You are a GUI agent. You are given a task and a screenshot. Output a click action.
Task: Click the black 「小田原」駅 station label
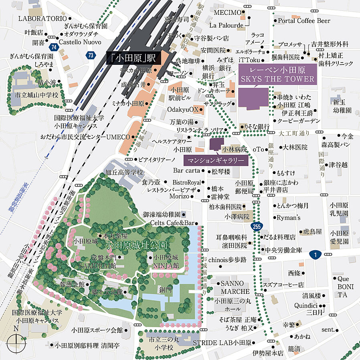134,58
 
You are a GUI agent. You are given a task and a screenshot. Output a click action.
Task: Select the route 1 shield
316,254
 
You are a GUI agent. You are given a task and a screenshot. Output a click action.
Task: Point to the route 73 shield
92,55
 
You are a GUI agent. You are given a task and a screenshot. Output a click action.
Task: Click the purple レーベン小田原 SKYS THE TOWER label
277,75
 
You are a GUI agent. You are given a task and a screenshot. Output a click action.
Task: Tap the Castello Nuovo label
80,42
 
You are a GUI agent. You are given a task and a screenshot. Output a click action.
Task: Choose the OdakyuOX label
183,109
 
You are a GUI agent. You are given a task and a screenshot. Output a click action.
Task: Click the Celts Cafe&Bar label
172,222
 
